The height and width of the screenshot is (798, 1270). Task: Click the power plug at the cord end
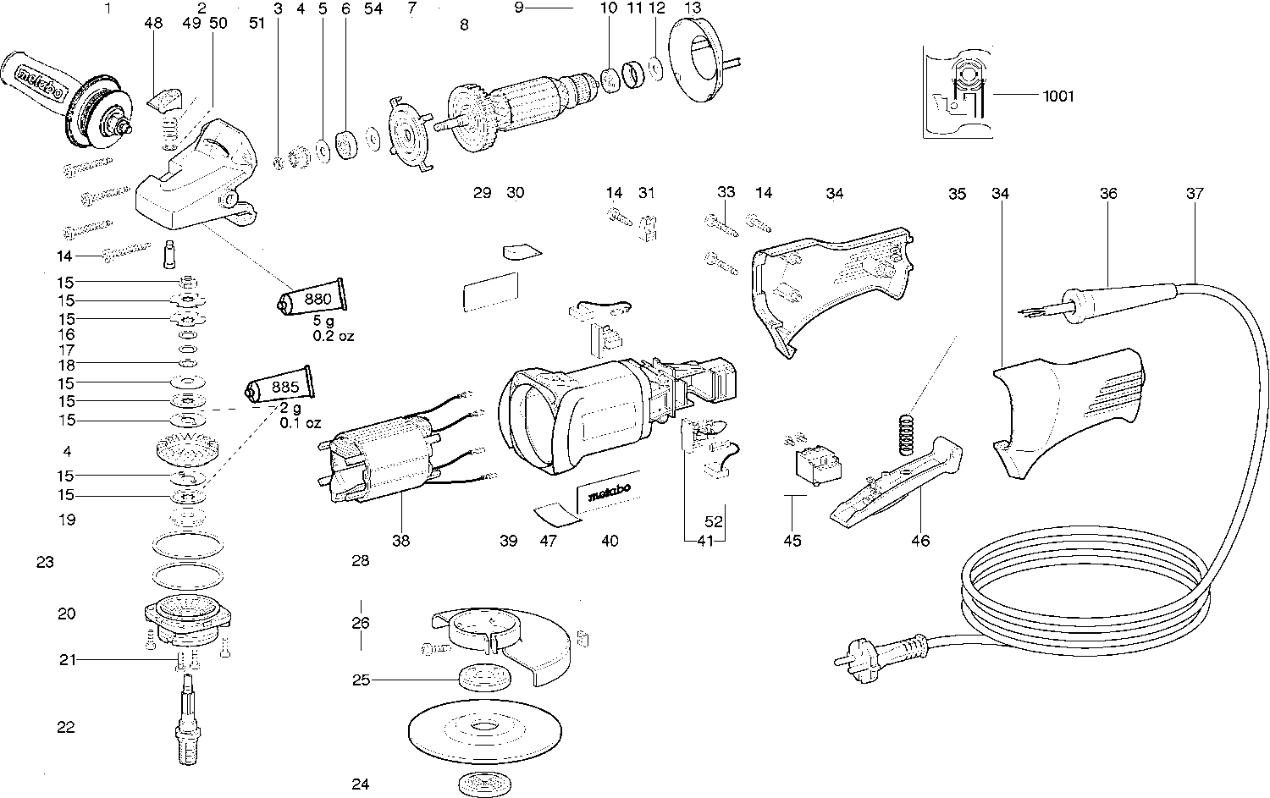(881, 658)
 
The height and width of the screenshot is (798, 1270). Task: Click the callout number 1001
(1058, 96)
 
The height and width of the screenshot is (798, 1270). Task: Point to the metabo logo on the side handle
(40, 85)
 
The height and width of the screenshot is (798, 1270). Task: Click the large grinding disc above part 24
(485, 729)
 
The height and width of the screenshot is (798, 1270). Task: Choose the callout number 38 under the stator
(400, 541)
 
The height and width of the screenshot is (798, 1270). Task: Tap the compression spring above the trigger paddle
(908, 435)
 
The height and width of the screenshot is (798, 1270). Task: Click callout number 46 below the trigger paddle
(920, 541)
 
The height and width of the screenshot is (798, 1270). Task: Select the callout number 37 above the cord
(1195, 193)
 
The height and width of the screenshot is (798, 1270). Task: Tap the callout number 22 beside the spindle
(66, 727)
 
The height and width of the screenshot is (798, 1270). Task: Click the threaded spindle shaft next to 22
(188, 720)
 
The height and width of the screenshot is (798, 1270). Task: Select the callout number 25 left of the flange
(362, 680)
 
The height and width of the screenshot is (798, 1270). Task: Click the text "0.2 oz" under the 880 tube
(334, 336)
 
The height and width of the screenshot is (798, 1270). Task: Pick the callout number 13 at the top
(693, 8)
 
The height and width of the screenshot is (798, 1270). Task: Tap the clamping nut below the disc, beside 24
(484, 784)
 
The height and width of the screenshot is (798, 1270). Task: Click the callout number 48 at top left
(153, 23)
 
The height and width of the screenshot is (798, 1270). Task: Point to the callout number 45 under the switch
(792, 541)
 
